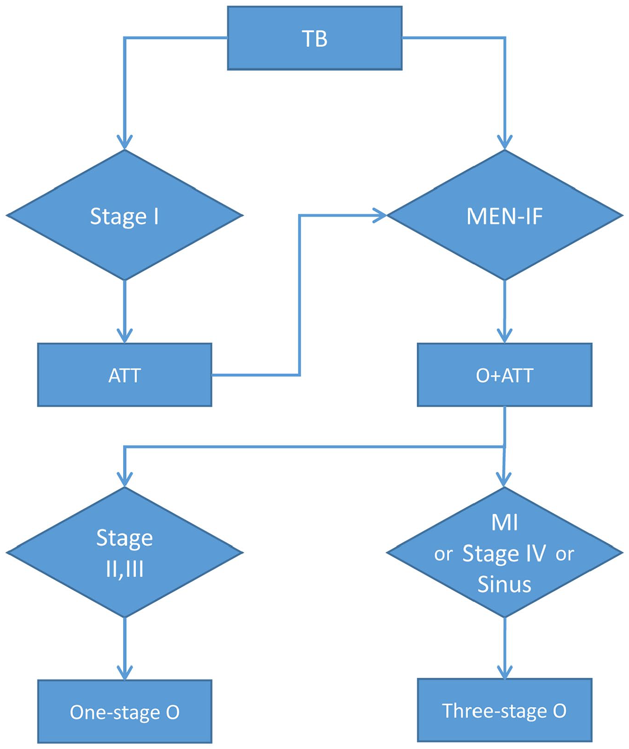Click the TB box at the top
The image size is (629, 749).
314,38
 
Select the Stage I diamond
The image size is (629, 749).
124,215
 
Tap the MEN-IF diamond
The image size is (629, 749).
505,215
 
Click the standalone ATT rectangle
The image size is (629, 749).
124,375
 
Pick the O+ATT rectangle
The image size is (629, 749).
505,375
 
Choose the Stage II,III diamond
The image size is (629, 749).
124,552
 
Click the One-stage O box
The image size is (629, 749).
124,712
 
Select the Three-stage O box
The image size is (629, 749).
505,710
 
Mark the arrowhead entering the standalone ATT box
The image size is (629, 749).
124,336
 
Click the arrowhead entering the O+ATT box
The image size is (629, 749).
505,336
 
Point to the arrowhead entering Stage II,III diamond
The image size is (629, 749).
124,480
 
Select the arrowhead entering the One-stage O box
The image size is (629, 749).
124,673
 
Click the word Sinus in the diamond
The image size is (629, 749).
504,584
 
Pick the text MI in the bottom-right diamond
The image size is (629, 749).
505,522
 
